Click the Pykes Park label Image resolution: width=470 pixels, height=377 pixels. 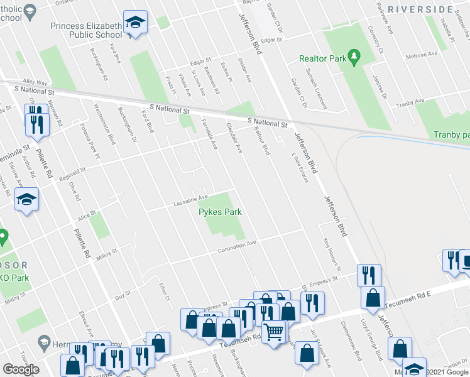[x=220, y=212]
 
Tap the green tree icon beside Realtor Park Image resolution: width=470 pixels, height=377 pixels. [x=354, y=57]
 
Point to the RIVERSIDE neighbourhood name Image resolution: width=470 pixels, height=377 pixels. [x=420, y=9]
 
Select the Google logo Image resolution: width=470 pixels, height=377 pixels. [x=21, y=369]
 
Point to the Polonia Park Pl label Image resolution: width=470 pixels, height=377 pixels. [x=89, y=145]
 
